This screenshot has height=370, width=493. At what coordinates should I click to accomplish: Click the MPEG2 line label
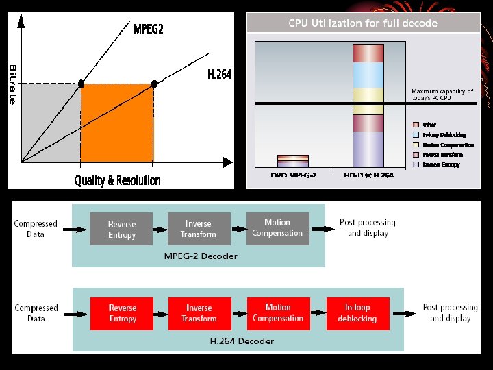click(x=148, y=29)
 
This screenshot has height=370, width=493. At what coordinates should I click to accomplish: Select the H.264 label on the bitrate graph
click(x=219, y=75)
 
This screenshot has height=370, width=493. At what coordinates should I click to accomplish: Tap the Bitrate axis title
click(x=13, y=84)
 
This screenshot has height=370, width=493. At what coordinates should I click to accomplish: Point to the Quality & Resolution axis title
click(x=117, y=181)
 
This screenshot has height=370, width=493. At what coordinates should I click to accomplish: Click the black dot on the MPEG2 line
click(x=81, y=84)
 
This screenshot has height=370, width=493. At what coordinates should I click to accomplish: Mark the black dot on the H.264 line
click(x=154, y=84)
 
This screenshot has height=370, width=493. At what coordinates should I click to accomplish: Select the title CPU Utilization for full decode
click(x=363, y=23)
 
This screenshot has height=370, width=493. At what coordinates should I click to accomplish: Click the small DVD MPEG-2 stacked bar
click(x=292, y=161)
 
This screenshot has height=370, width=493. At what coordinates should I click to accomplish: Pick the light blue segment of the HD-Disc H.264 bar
click(x=368, y=75)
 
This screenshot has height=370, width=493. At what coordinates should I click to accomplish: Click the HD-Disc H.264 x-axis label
click(x=368, y=175)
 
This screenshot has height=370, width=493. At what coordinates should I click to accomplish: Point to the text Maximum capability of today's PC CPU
click(x=442, y=95)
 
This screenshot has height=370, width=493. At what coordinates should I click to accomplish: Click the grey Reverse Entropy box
click(x=122, y=229)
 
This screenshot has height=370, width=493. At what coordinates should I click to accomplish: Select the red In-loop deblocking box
click(x=357, y=313)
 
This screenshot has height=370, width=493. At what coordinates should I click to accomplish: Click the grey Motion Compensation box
click(x=277, y=228)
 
